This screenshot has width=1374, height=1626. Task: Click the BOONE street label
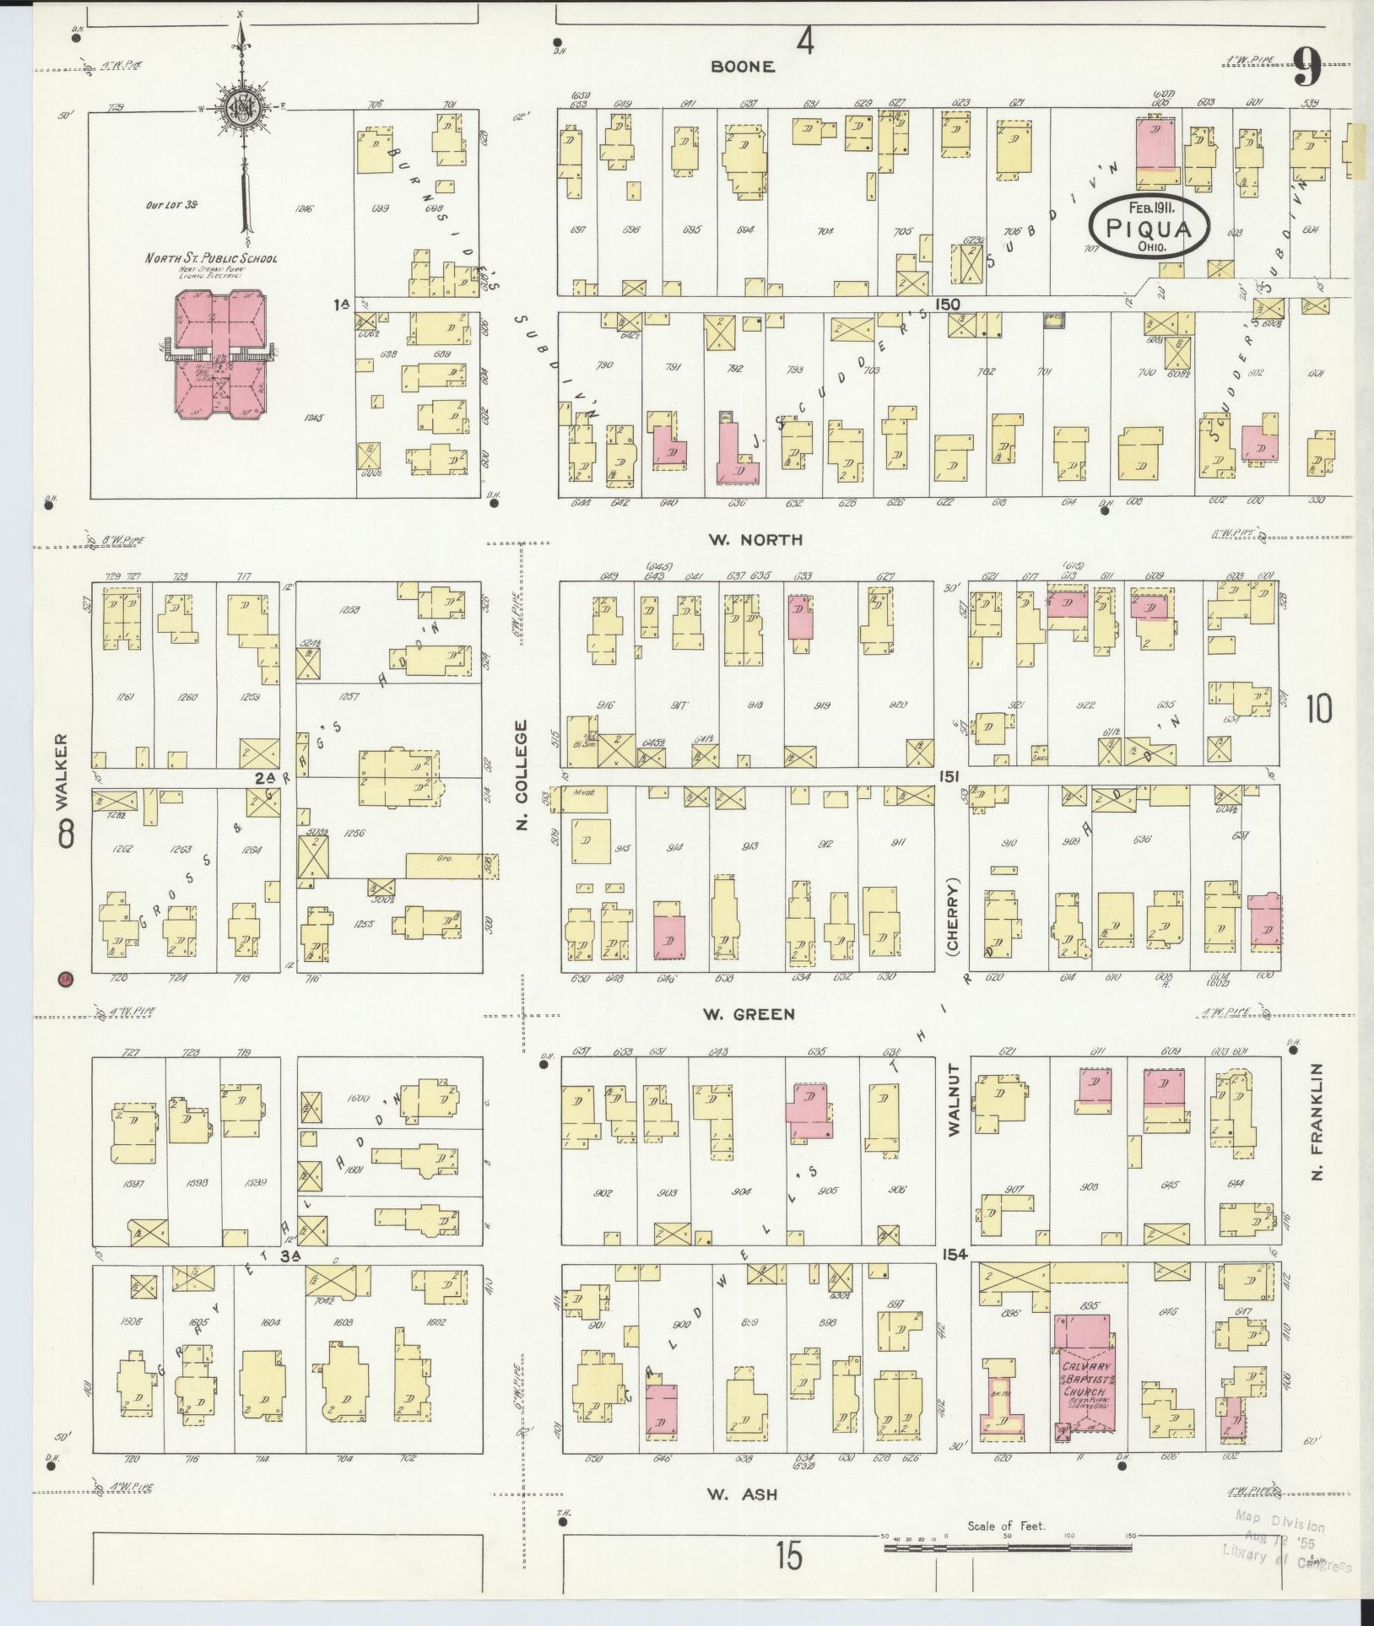pyautogui.click(x=742, y=67)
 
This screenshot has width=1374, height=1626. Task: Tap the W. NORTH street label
pyautogui.click(x=756, y=540)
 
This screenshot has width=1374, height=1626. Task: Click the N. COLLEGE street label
pyautogui.click(x=522, y=774)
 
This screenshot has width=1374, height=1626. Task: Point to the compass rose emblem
pyautogui.click(x=241, y=107)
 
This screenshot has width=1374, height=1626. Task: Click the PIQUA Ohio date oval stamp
pyautogui.click(x=1150, y=228)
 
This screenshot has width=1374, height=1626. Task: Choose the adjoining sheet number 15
pyautogui.click(x=789, y=1557)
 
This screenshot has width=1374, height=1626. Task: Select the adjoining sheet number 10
pyautogui.click(x=1318, y=710)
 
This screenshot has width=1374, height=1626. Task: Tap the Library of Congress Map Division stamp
pyautogui.click(x=1283, y=1544)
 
